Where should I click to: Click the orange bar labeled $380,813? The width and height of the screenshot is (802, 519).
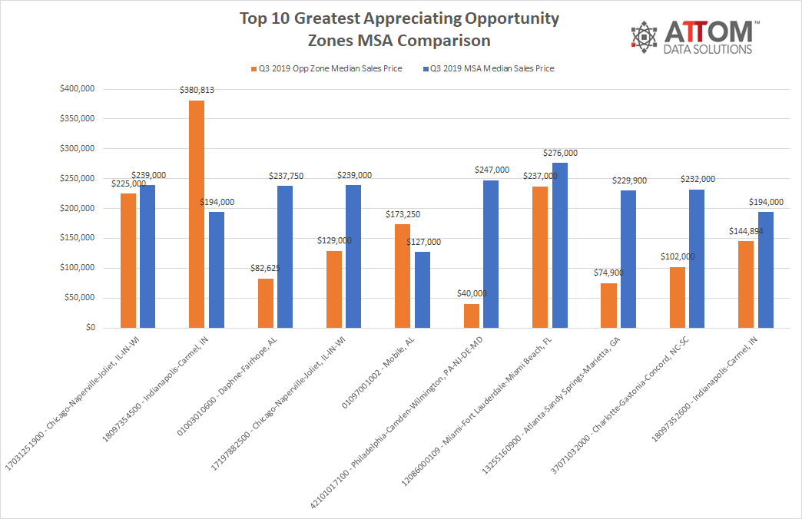click(x=197, y=214)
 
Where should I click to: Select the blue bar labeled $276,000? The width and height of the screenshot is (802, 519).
click(x=560, y=245)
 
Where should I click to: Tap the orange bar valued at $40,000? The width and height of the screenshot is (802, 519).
click(x=471, y=316)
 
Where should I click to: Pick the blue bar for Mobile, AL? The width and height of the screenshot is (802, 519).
click(x=423, y=289)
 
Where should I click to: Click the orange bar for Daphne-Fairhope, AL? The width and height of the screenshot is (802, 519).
click(x=265, y=303)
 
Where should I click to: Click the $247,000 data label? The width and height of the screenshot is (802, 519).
click(x=492, y=170)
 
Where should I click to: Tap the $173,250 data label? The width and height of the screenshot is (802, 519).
click(x=403, y=215)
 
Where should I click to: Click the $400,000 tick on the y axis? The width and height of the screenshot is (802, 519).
click(x=77, y=89)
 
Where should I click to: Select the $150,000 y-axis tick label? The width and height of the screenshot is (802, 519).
click(x=77, y=238)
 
